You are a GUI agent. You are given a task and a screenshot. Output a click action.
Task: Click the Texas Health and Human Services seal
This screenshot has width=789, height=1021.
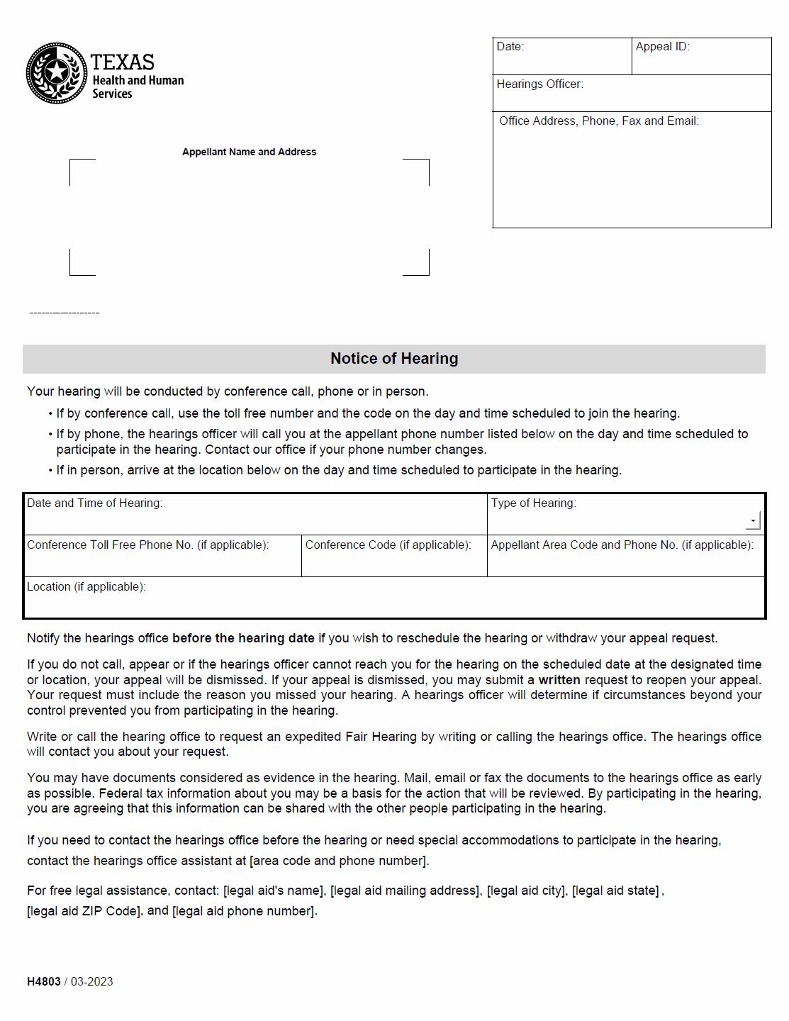57,73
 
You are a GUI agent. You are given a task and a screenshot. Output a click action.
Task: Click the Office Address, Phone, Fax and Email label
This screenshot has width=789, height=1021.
599,121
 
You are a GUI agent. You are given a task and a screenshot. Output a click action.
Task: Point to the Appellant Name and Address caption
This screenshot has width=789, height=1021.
249,152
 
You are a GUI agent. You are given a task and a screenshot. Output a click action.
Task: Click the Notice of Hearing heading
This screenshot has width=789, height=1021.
394,359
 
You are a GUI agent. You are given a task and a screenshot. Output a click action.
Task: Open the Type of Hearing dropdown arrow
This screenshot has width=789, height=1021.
753,521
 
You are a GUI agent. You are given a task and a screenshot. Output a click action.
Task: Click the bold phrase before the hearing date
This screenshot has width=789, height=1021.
243,638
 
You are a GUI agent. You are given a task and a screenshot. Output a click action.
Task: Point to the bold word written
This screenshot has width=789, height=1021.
559,680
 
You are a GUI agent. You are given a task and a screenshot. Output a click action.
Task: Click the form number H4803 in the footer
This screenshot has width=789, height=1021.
44,982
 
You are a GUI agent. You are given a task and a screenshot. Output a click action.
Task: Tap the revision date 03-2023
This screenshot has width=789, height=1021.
92,982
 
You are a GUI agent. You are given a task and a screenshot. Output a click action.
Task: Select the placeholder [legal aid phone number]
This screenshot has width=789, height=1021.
243,911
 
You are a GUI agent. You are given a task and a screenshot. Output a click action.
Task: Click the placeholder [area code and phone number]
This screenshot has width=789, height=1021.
337,861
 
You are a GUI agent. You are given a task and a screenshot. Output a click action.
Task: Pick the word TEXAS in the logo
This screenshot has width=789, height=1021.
123,62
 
